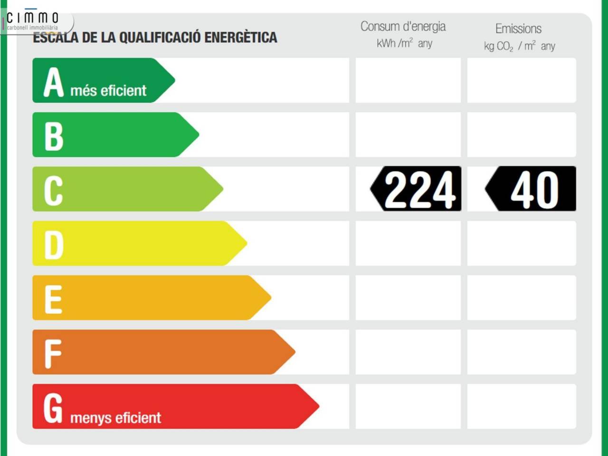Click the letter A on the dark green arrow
(54, 82)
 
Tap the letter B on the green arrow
(54, 136)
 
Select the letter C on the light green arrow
(53, 190)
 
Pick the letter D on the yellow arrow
(54, 245)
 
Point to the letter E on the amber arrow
(53, 299)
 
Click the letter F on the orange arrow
(53, 354)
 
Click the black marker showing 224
(417, 189)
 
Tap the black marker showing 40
(532, 189)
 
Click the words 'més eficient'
(108, 90)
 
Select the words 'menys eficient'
(115, 418)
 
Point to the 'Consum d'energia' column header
(403, 27)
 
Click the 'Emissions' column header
(518, 28)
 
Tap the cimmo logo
(32, 20)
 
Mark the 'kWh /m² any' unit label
(404, 43)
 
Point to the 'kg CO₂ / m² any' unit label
(519, 46)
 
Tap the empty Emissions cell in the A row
(521, 80)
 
